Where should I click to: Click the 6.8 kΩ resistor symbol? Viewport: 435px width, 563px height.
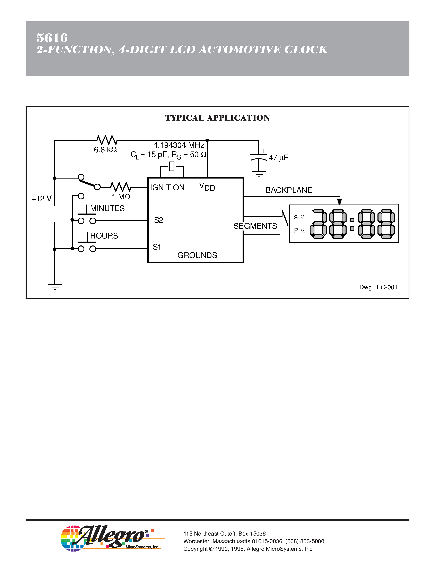[x=107, y=140]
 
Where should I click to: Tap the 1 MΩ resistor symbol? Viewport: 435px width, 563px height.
[x=121, y=187]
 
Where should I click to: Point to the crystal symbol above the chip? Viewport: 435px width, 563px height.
[x=172, y=166]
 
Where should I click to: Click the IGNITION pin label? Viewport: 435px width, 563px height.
[x=167, y=187]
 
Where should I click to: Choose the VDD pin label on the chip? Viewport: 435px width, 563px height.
[x=207, y=187]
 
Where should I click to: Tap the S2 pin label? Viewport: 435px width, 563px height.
[x=158, y=220]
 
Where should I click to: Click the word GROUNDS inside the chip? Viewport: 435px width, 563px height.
[x=197, y=255]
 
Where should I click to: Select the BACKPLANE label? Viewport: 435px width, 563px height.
[x=289, y=190]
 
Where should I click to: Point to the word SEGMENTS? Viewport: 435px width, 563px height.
[x=255, y=226]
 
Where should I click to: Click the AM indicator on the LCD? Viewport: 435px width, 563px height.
[x=299, y=217]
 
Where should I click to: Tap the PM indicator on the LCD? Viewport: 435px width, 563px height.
[x=299, y=230]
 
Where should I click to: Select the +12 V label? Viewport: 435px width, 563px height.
[x=42, y=199]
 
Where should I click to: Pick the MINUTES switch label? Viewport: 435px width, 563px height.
[x=107, y=208]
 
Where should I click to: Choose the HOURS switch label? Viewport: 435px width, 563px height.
[x=104, y=236]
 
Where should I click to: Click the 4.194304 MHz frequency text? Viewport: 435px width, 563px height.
[x=179, y=145]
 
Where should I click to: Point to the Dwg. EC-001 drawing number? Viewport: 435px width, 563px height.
[x=378, y=287]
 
